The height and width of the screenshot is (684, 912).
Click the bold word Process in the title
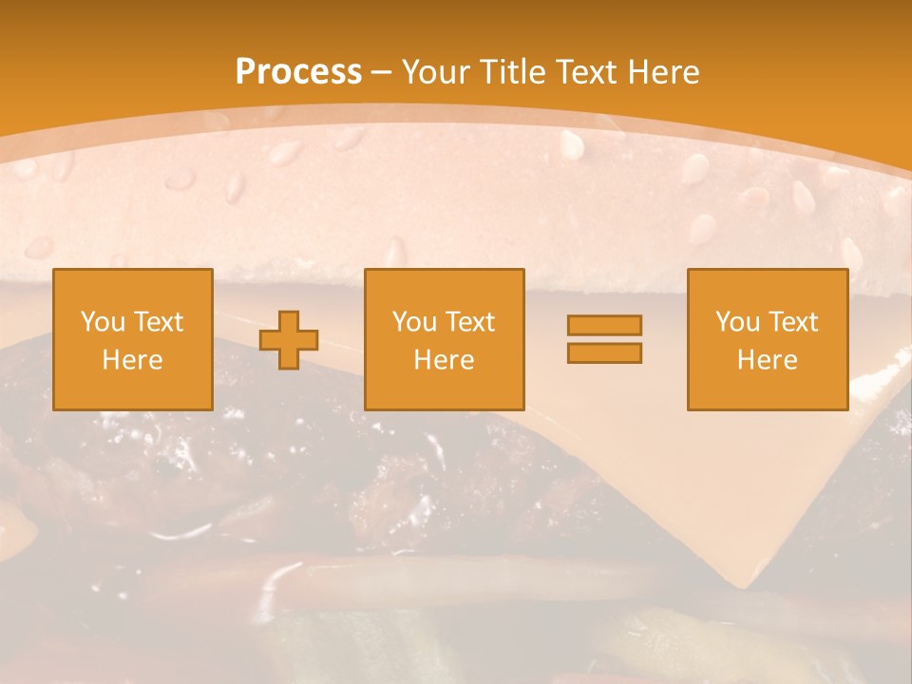coord(298,72)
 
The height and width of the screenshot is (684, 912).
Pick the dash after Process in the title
coord(381,73)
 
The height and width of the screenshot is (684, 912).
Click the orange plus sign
coord(289,340)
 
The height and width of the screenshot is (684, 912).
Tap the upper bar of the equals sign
coord(604,325)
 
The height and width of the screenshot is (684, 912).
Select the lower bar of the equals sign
coord(604,353)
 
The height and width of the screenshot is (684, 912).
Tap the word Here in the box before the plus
coord(133,360)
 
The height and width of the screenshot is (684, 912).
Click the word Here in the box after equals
coord(767,360)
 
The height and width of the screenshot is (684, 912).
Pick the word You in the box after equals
coord(736,322)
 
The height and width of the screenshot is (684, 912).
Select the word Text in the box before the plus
coord(158,322)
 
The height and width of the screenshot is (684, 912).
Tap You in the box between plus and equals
coord(413,322)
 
